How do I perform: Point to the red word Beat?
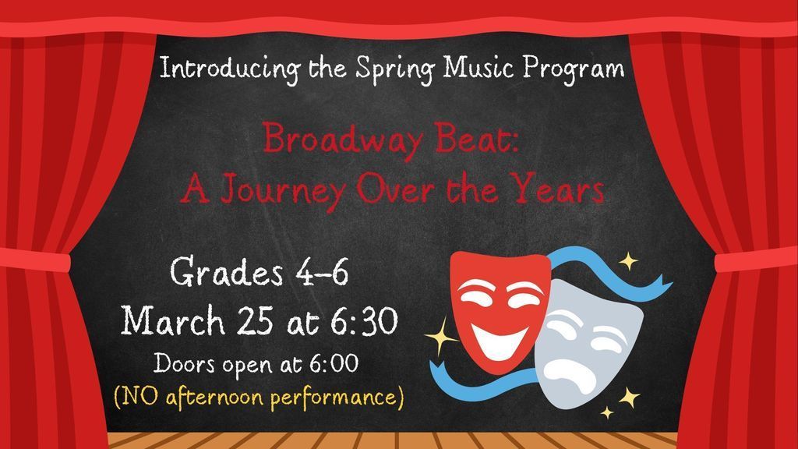point(473,140)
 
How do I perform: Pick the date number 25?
point(260,320)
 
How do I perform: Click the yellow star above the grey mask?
point(627,261)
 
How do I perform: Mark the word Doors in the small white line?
point(185,363)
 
